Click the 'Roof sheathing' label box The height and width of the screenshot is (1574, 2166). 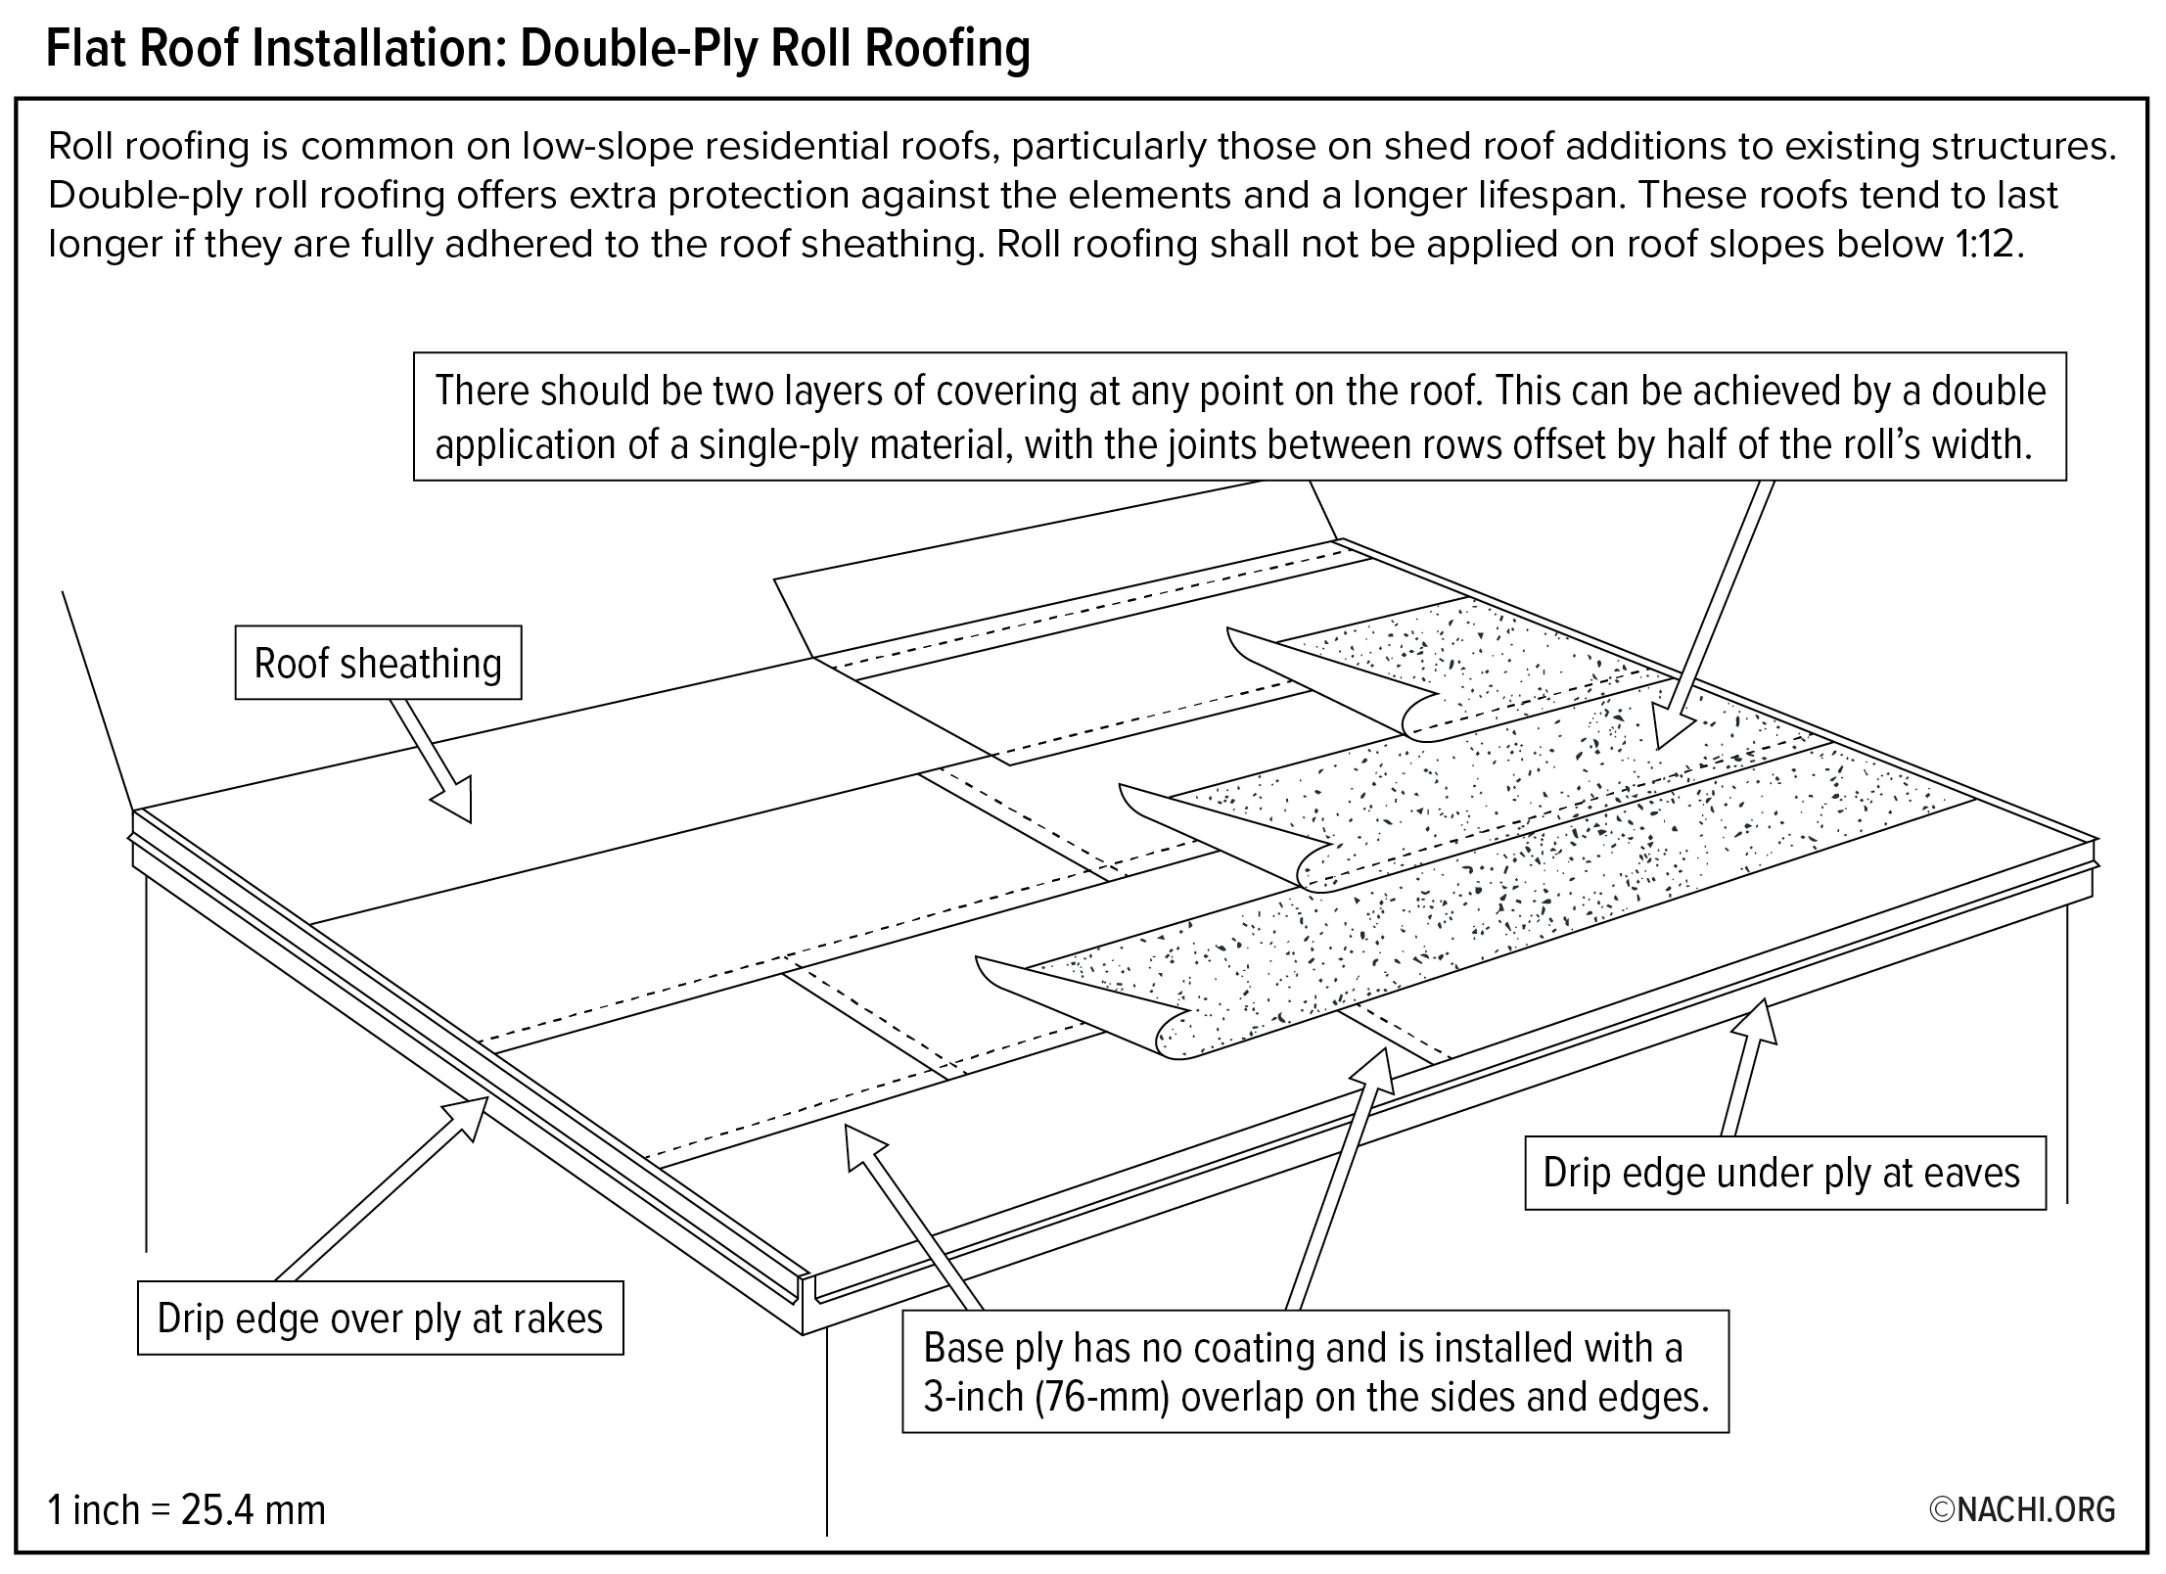click(x=378, y=663)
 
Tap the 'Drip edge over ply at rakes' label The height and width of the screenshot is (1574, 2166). click(x=380, y=1318)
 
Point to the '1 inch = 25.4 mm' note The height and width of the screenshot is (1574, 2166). click(x=186, y=1509)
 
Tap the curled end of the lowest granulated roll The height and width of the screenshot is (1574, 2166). click(x=1179, y=1035)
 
